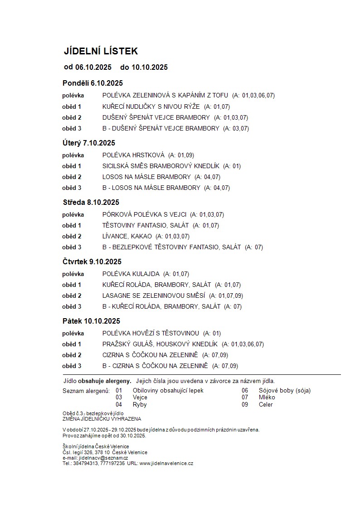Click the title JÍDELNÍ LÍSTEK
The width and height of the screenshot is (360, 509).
pyautogui.click(x=101, y=51)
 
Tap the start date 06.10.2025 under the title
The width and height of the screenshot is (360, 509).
pyautogui.click(x=93, y=68)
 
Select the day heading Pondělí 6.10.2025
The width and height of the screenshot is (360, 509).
pyautogui.click(x=92, y=83)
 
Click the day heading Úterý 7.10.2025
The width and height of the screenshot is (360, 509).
pyautogui.click(x=89, y=143)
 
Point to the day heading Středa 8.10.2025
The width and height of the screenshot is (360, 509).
pyautogui.click(x=91, y=202)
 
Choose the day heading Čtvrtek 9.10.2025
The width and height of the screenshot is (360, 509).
pyautogui.click(x=92, y=262)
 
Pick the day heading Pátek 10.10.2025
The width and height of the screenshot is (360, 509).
pyautogui.click(x=91, y=321)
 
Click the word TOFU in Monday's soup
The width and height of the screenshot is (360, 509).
pyautogui.click(x=220, y=96)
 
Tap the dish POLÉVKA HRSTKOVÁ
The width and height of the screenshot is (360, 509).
pyautogui.click(x=133, y=155)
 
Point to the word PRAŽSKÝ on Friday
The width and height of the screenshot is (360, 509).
pyautogui.click(x=117, y=344)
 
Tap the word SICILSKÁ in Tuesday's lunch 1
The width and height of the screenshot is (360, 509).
pyautogui.click(x=117, y=166)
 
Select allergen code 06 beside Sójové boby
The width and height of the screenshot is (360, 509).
pyautogui.click(x=245, y=390)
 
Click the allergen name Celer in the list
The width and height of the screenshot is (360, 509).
pyautogui.click(x=266, y=404)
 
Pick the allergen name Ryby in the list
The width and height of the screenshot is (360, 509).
pyautogui.click(x=140, y=404)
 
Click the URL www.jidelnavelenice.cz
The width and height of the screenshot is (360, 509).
pyautogui.click(x=166, y=463)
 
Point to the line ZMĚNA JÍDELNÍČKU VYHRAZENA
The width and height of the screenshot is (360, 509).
pyautogui.click(x=102, y=419)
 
